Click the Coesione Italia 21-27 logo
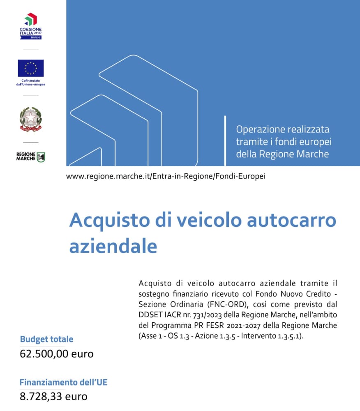click(x=30, y=26)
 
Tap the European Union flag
click(x=30, y=68)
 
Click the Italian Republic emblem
click(x=30, y=119)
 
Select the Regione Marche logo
click(x=30, y=157)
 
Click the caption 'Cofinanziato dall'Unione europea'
click(x=31, y=83)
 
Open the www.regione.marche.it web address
click(x=166, y=176)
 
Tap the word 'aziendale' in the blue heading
click(x=113, y=246)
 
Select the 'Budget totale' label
click(x=46, y=339)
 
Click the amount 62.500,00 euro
click(x=57, y=353)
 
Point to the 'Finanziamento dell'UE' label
click(x=63, y=382)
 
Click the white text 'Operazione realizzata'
click(x=282, y=129)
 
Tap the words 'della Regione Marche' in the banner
click(x=282, y=154)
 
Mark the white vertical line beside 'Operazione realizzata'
click(x=225, y=141)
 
